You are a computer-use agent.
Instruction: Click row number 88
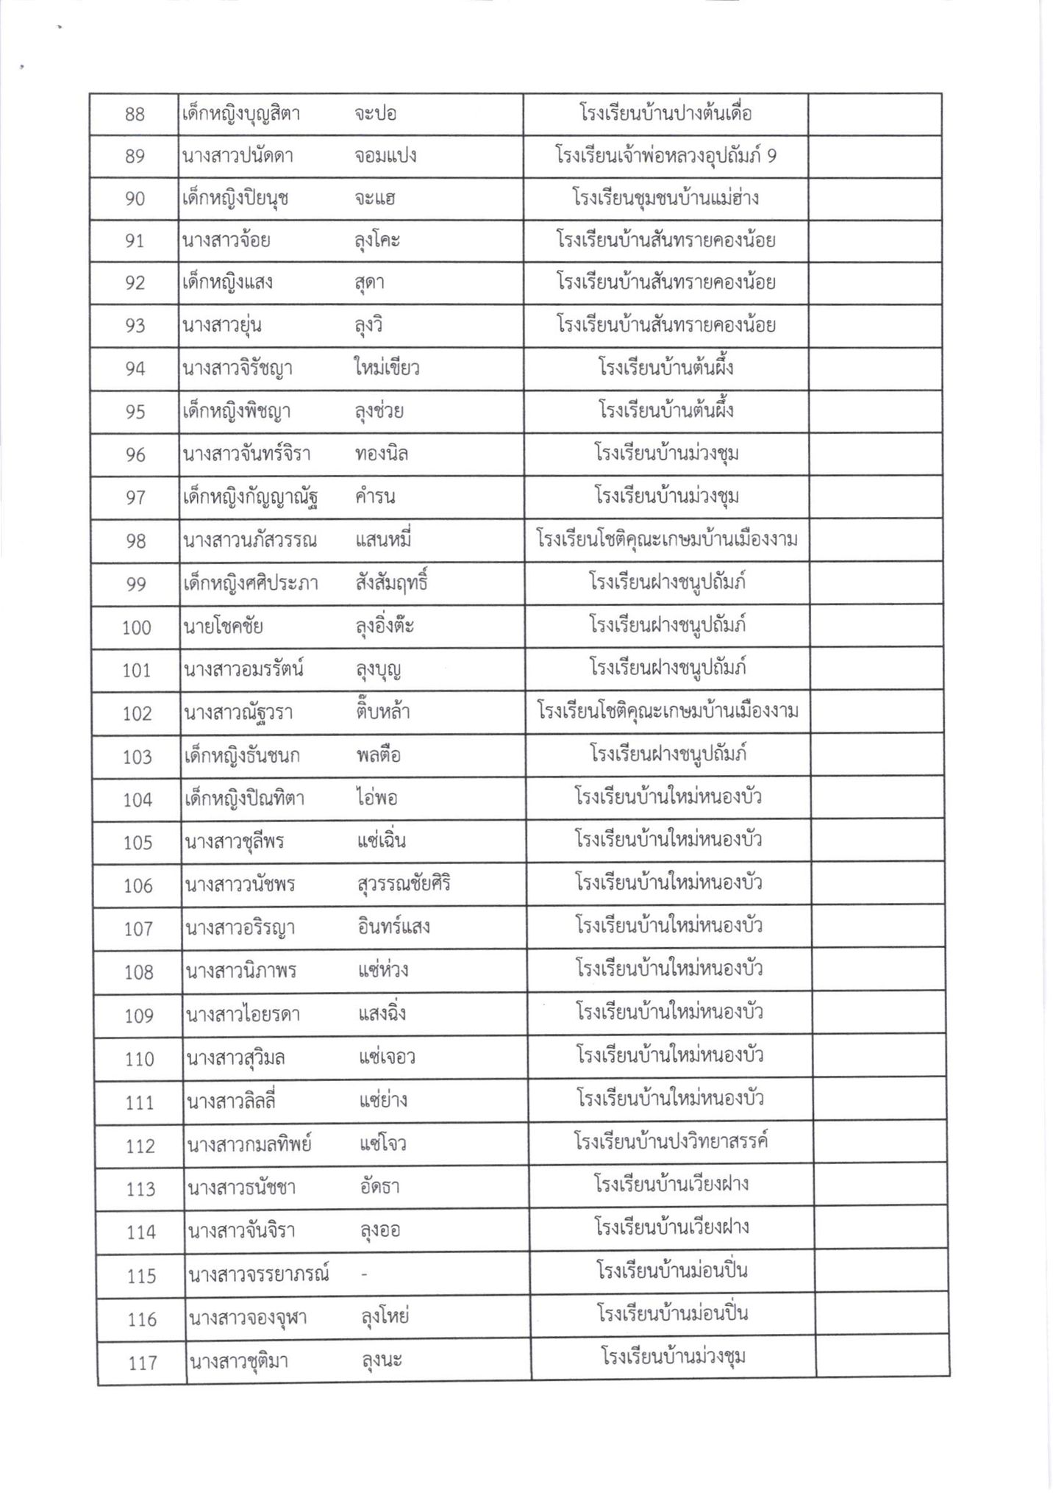(x=135, y=115)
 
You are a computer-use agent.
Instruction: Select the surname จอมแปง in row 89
(x=385, y=157)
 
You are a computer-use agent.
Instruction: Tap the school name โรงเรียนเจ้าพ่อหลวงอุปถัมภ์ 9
(x=665, y=157)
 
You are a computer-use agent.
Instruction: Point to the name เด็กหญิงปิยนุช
(x=235, y=199)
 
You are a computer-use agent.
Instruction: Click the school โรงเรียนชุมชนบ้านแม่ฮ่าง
(x=665, y=199)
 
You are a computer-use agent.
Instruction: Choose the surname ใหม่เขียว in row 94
(x=386, y=368)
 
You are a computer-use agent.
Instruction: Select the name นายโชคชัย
(x=224, y=627)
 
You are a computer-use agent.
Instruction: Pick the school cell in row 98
(x=668, y=540)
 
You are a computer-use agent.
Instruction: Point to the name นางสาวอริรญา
(x=241, y=928)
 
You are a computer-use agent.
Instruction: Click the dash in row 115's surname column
(x=364, y=1274)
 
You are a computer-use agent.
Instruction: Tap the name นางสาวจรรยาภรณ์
(x=258, y=1274)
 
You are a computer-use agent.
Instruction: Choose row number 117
(x=143, y=1362)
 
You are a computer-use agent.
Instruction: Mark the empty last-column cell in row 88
(x=874, y=115)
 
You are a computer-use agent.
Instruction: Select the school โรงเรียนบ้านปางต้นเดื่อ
(x=665, y=115)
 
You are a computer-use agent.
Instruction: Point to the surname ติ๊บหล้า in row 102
(x=382, y=713)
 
